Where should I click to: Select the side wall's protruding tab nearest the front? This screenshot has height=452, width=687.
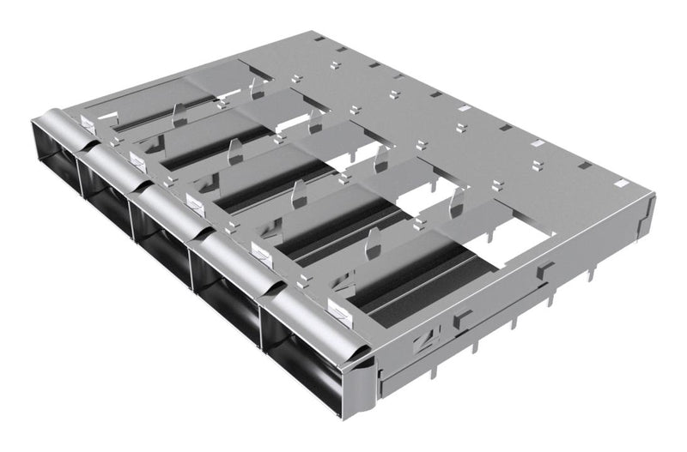463,319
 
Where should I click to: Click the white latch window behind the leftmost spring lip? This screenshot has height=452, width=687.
88,123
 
